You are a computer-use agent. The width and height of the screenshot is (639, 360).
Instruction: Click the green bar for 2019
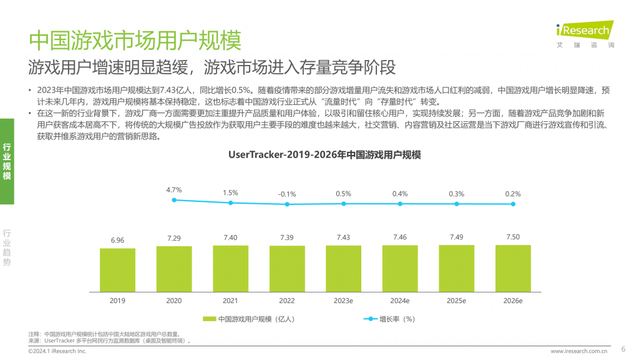(117, 270)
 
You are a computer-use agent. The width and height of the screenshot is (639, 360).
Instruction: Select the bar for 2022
(287, 269)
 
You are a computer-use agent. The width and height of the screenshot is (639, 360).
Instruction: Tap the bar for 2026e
(513, 268)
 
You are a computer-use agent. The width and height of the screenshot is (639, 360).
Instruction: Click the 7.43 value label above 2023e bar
(343, 237)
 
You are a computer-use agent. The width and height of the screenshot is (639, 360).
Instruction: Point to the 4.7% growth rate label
(173, 189)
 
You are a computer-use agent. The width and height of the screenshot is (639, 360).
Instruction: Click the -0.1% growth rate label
(287, 194)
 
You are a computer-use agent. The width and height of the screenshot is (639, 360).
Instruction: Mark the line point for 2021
(230, 202)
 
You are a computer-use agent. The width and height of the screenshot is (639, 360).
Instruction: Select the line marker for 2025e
(457, 203)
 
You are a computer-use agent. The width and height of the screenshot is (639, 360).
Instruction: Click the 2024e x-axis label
(400, 301)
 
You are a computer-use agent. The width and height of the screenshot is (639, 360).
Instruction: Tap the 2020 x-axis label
(173, 301)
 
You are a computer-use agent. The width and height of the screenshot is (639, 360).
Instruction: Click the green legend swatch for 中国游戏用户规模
(209, 319)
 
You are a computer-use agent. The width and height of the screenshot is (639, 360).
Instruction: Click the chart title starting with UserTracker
(324, 155)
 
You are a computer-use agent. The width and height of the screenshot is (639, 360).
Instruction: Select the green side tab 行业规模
(7, 161)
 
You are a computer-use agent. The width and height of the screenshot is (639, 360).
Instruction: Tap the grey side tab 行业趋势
(7, 247)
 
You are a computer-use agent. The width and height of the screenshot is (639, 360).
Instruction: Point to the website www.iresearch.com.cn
(578, 352)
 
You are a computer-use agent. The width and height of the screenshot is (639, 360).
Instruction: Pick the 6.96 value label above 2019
(117, 240)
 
